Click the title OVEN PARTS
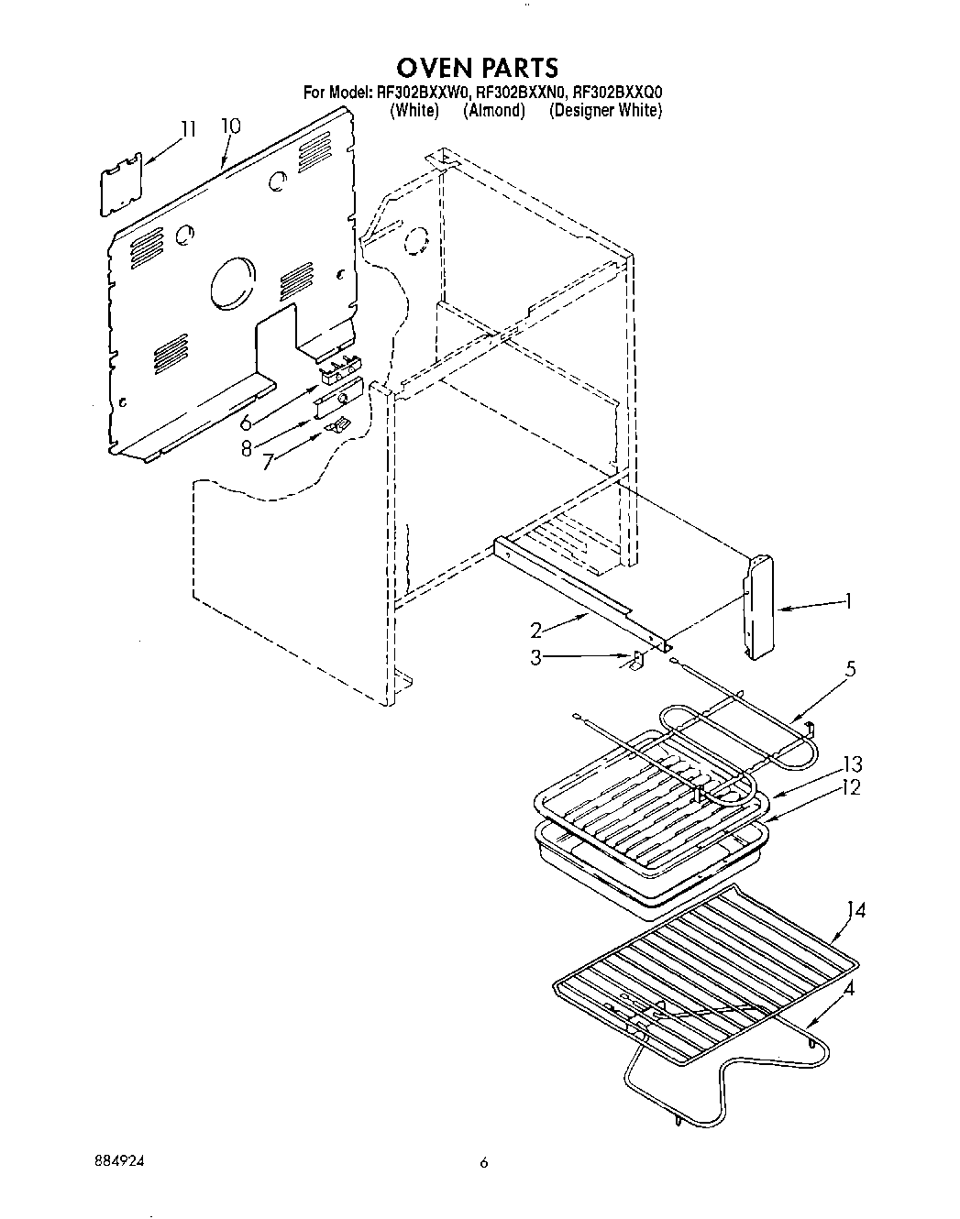(x=477, y=67)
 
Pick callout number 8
(x=247, y=449)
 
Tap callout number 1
(x=848, y=601)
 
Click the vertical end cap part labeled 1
(x=757, y=607)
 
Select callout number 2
(x=537, y=630)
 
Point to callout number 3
(x=537, y=656)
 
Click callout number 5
(x=851, y=670)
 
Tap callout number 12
(x=852, y=786)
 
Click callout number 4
(x=850, y=989)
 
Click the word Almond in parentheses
(x=494, y=110)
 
